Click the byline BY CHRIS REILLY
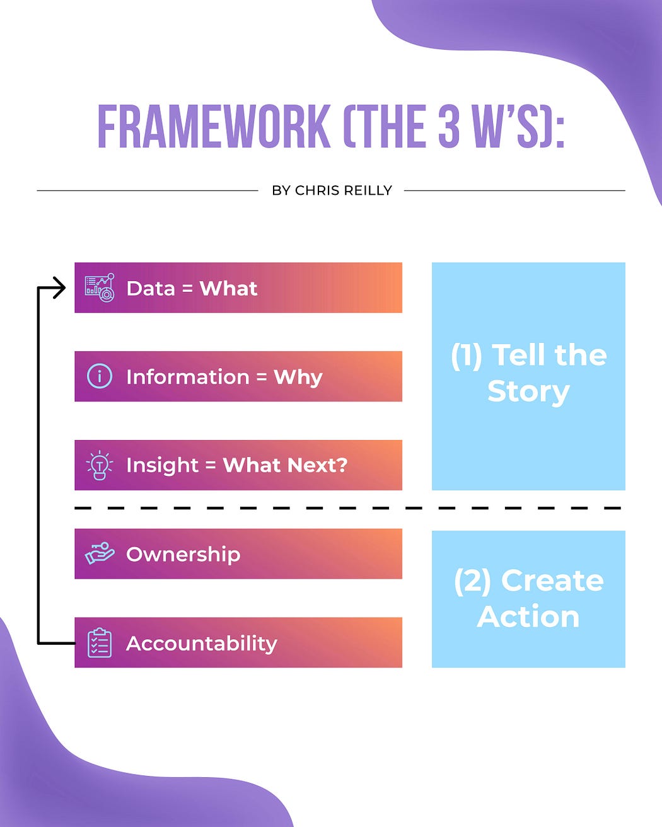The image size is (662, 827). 332,190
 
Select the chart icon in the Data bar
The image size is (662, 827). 100,288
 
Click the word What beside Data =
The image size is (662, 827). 228,288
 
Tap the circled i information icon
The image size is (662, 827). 100,376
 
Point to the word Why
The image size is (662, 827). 298,377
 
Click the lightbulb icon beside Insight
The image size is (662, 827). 100,465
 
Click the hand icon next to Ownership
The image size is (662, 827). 100,553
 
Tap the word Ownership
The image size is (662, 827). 183,554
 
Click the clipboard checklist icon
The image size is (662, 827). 100,643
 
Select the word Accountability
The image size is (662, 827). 201,643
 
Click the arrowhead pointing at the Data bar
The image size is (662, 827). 60,288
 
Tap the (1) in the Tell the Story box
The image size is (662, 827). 467,356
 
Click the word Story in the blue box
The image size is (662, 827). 528,391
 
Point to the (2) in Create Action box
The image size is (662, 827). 472,581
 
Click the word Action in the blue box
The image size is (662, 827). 528,616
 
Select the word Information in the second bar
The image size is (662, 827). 187,377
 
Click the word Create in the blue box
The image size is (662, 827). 552,581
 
